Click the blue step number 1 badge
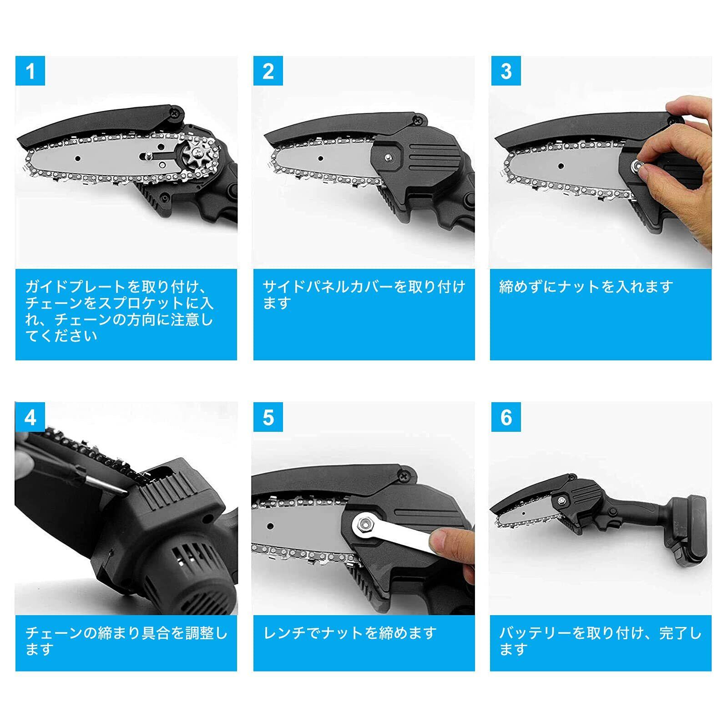pyautogui.click(x=30, y=71)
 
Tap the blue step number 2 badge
pyautogui.click(x=268, y=71)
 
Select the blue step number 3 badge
pyautogui.click(x=506, y=71)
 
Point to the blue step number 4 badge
pyautogui.click(x=30, y=417)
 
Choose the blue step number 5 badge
pyautogui.click(x=268, y=417)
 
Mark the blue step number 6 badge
pyautogui.click(x=506, y=417)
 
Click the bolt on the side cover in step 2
pyautogui.click(x=388, y=157)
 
